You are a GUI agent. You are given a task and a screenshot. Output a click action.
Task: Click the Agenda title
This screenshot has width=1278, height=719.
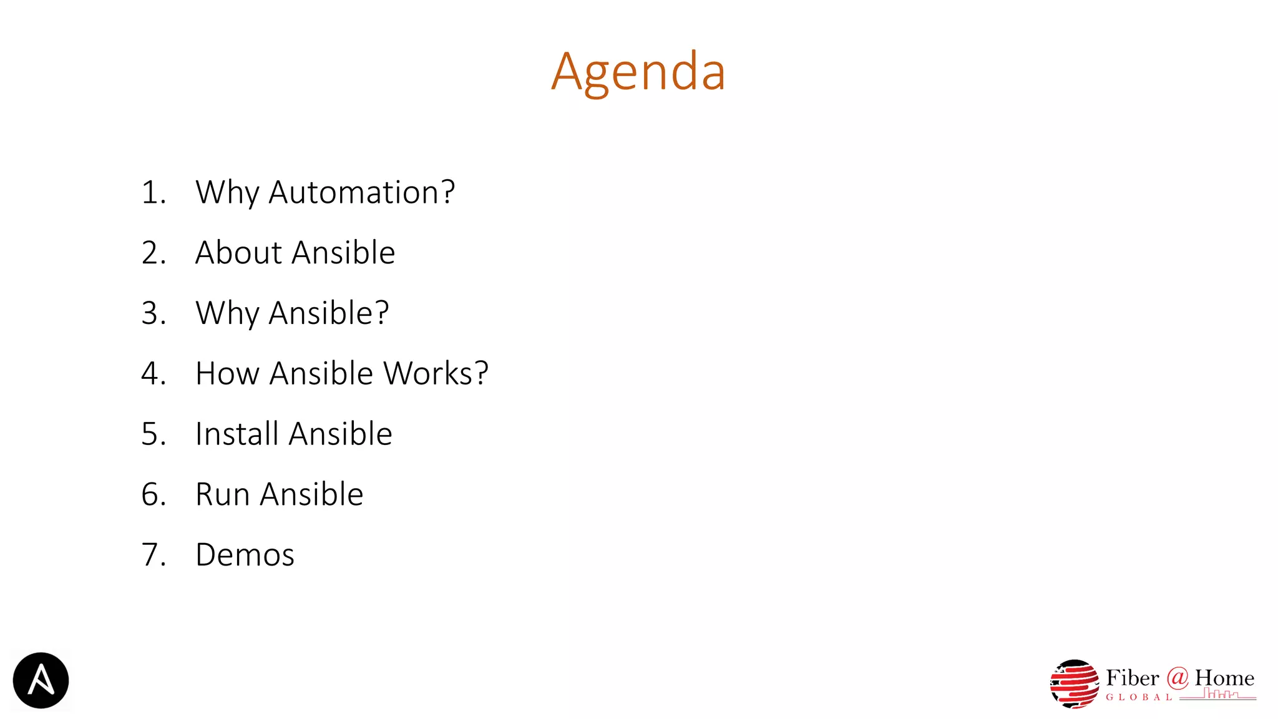click(638, 72)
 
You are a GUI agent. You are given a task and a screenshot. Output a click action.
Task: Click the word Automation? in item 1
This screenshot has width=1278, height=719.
click(361, 192)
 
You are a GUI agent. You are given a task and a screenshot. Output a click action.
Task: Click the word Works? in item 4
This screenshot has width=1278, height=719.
click(436, 373)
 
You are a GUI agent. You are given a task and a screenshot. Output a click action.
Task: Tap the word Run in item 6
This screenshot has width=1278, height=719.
click(223, 494)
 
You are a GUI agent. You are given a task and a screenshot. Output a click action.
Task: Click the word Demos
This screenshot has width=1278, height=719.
click(245, 555)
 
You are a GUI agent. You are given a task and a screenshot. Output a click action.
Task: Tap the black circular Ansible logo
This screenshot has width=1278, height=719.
click(41, 680)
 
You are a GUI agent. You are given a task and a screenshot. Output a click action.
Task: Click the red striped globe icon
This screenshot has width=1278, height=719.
click(1074, 684)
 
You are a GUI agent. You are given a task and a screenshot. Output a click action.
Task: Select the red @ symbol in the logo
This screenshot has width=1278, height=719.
click(1177, 677)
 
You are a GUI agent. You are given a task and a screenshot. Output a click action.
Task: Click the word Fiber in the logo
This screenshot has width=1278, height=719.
click(1132, 678)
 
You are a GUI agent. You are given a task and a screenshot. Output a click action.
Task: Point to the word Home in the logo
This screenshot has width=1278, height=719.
click(1224, 678)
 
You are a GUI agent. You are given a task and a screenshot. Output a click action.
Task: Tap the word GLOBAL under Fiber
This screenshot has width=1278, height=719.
click(1139, 697)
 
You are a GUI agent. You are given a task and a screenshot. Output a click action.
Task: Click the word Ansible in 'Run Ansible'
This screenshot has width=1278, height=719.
click(311, 494)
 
